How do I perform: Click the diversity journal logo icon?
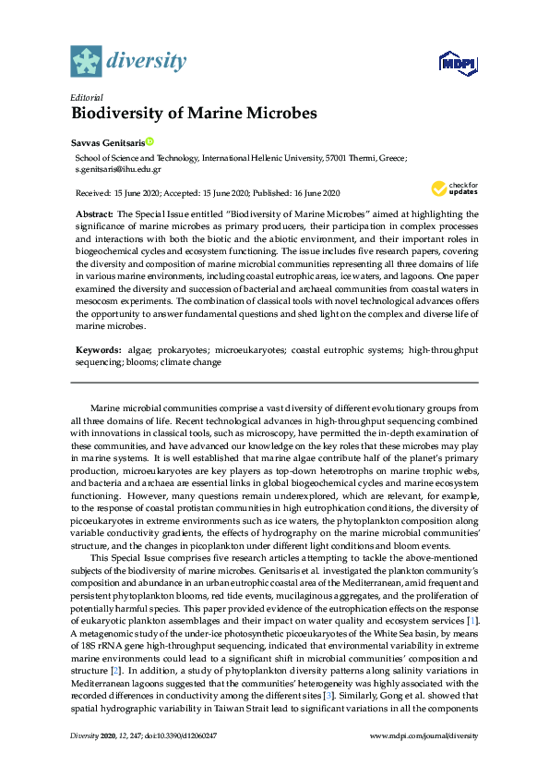tap(86, 62)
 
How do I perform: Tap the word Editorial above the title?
tap(87, 97)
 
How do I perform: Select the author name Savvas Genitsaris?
tap(106, 142)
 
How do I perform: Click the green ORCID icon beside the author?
tap(149, 142)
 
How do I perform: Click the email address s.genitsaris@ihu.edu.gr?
tap(118, 170)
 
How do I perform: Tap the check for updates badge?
tap(452, 188)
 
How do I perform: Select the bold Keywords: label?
tap(98, 351)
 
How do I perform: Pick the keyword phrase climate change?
tap(194, 363)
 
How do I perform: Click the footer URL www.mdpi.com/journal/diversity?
tap(424, 735)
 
